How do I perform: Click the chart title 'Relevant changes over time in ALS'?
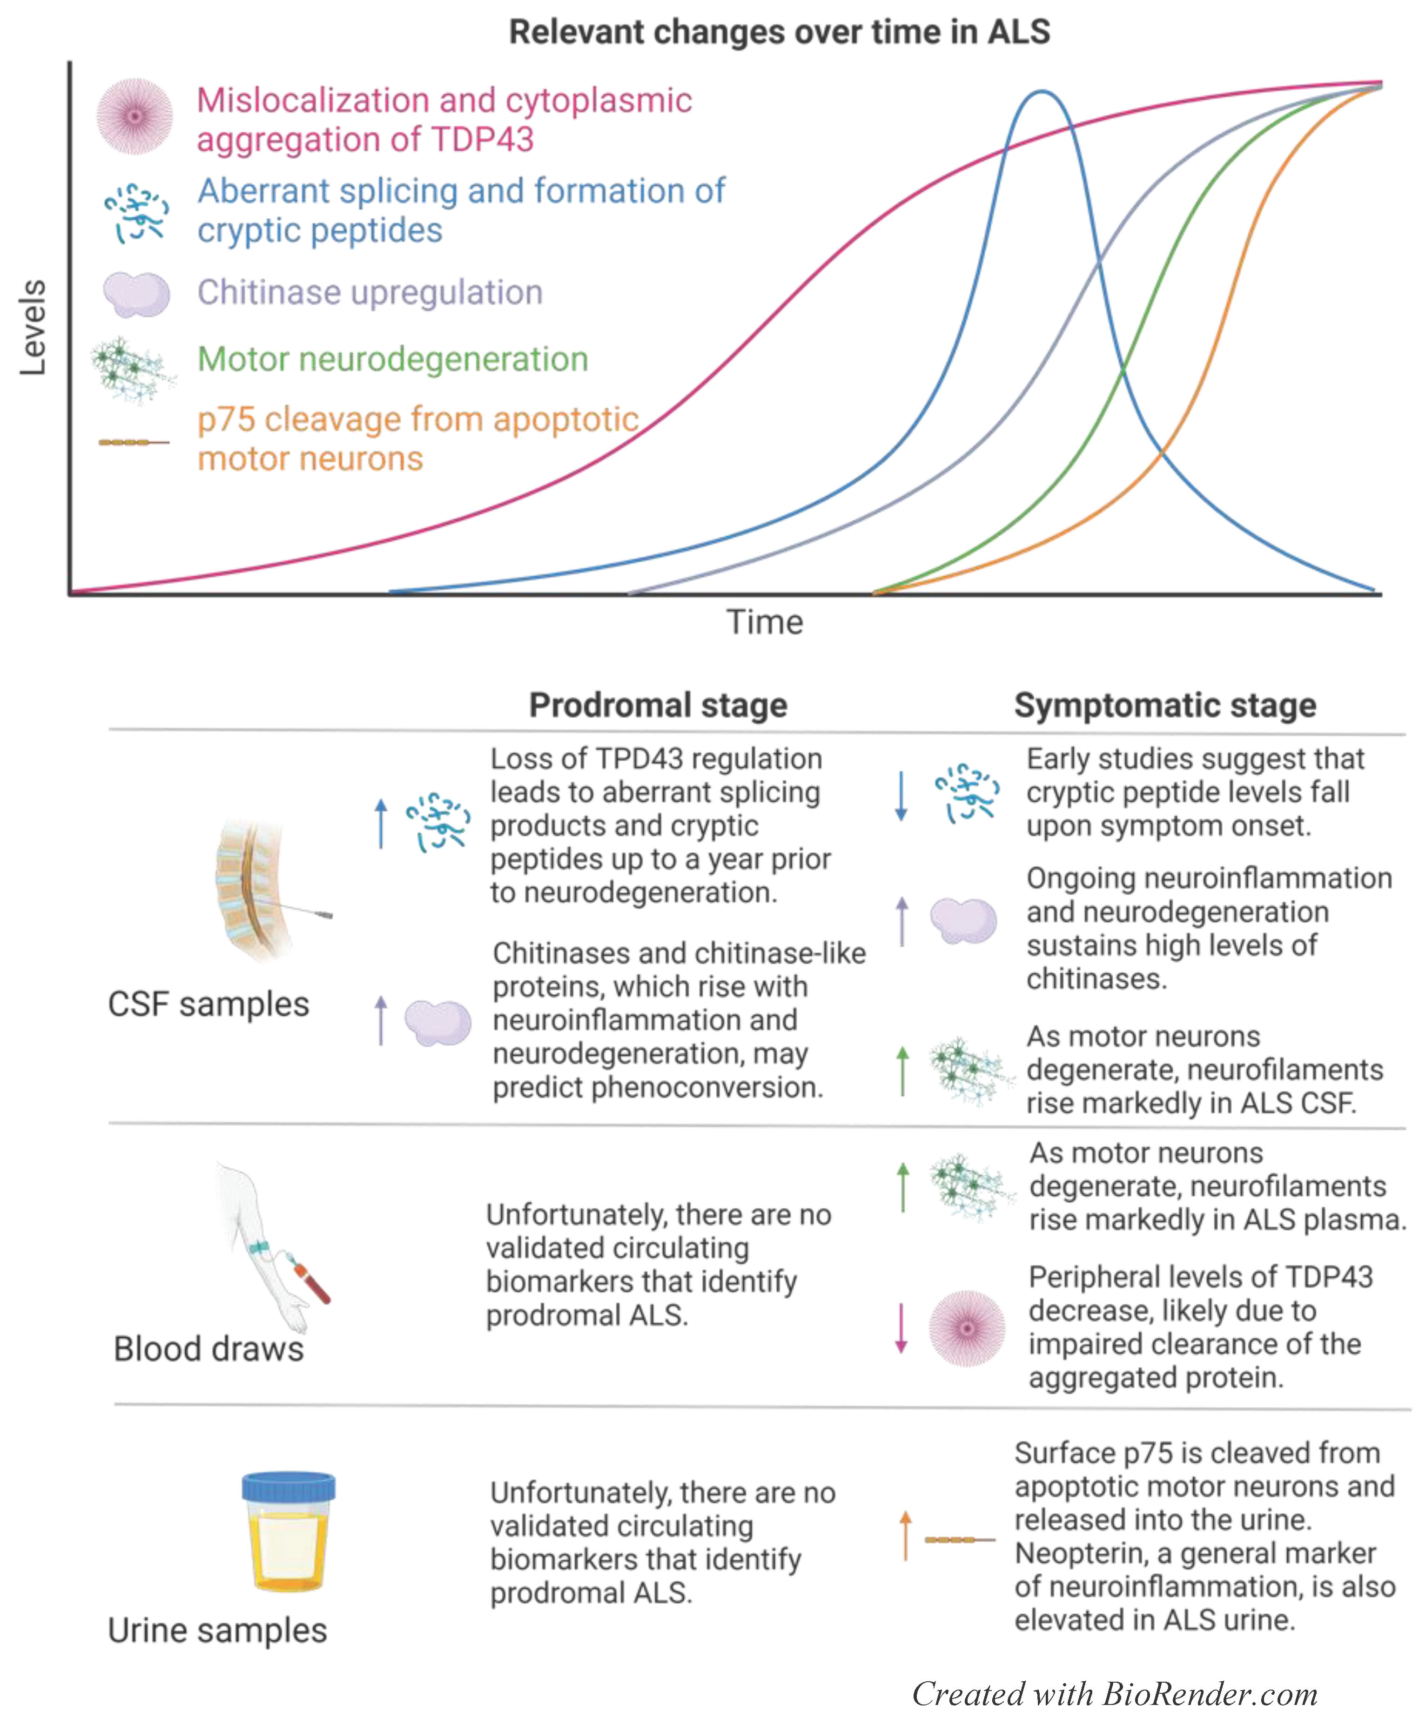click(779, 33)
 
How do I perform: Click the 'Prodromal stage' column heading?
click(658, 705)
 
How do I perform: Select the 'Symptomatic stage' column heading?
click(1165, 705)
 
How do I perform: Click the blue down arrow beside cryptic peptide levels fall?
click(901, 795)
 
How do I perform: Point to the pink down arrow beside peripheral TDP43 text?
click(901, 1328)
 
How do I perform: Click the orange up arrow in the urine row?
click(905, 1536)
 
